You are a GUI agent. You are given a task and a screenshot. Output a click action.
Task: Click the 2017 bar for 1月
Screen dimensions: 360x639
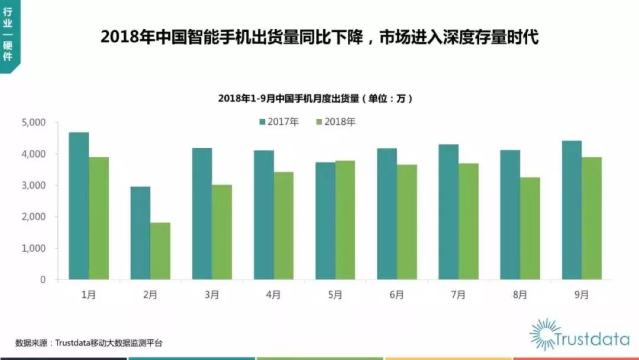pyautogui.click(x=79, y=206)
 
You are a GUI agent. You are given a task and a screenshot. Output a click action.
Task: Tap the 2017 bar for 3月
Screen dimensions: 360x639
pyautogui.click(x=202, y=214)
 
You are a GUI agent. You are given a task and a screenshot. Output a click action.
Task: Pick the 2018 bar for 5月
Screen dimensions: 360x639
pyautogui.click(x=345, y=220)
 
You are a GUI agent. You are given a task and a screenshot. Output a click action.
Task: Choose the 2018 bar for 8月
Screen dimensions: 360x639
pyautogui.click(x=530, y=229)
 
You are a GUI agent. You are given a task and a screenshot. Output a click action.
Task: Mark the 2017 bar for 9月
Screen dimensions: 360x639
pyautogui.click(x=572, y=210)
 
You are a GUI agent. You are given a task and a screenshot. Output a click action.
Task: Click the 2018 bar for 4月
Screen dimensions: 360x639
pyautogui.click(x=283, y=226)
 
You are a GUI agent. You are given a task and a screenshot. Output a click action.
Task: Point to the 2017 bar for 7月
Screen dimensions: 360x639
pyautogui.click(x=448, y=212)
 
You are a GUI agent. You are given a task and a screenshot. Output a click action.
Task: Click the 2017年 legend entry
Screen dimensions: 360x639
pyautogui.click(x=279, y=122)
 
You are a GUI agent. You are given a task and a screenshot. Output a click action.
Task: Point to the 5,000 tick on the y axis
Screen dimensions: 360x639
pyautogui.click(x=34, y=123)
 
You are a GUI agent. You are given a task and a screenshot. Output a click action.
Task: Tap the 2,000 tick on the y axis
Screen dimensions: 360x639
pyautogui.click(x=34, y=217)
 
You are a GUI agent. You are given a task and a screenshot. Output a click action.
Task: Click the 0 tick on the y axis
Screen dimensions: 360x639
pyautogui.click(x=43, y=279)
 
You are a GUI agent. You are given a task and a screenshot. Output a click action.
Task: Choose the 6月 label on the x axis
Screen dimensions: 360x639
pyautogui.click(x=396, y=294)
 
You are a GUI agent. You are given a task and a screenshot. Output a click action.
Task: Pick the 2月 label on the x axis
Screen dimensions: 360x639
pyautogui.click(x=150, y=294)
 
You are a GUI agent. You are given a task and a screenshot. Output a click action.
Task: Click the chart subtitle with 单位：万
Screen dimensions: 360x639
pyautogui.click(x=315, y=98)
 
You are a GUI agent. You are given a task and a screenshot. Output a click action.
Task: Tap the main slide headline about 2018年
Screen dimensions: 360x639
pyautogui.click(x=319, y=37)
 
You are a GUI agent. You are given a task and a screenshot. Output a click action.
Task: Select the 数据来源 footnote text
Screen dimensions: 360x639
pyautogui.click(x=89, y=343)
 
